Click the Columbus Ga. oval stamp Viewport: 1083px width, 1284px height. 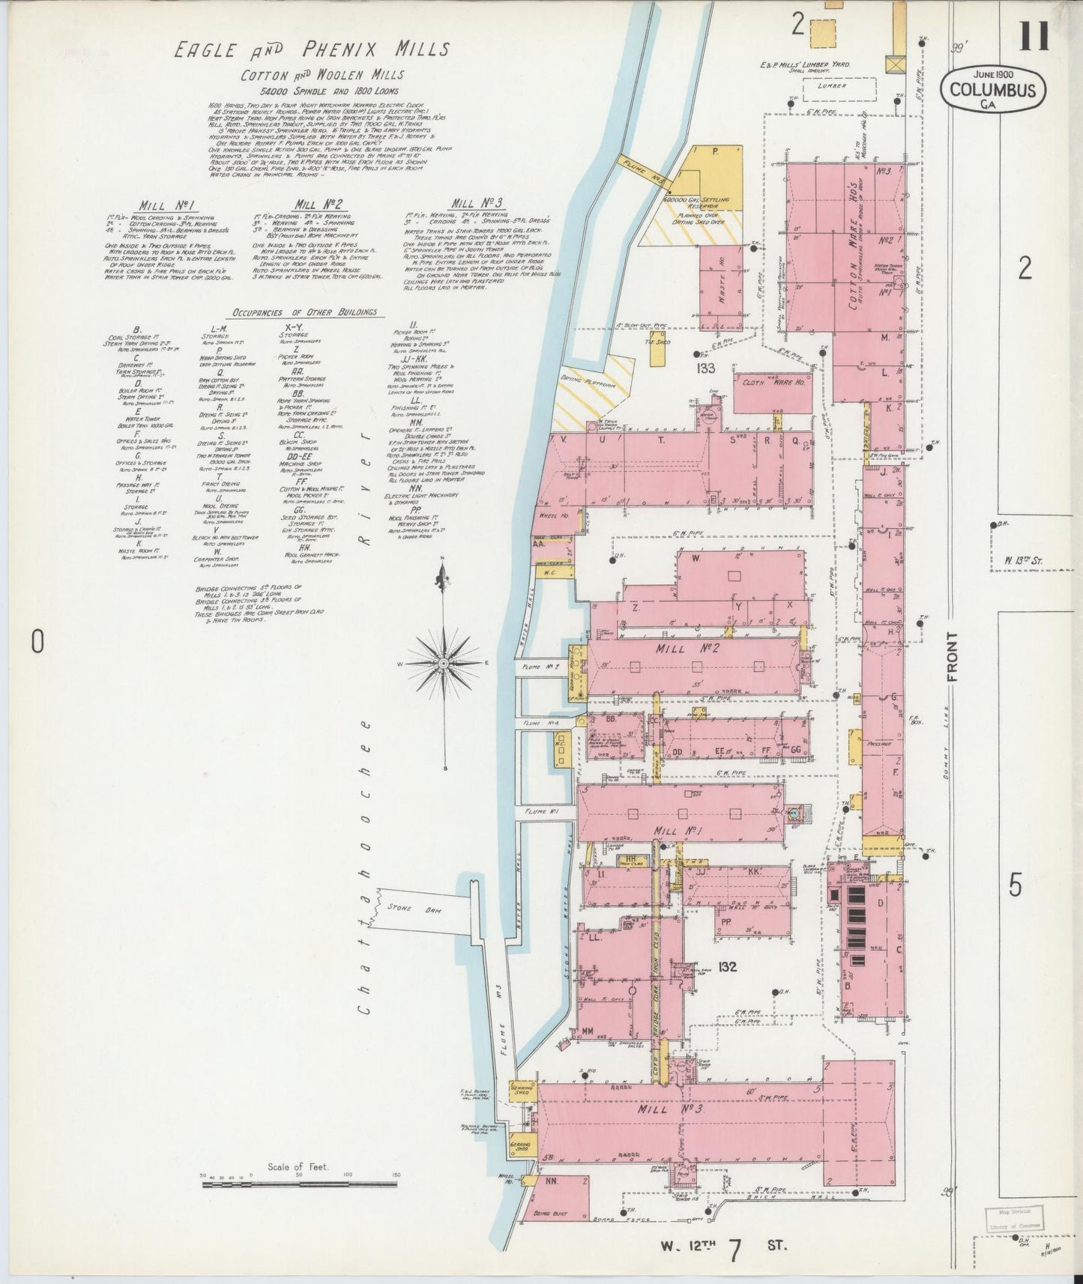992,89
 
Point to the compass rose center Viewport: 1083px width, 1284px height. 444,664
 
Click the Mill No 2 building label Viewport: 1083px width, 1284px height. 693,649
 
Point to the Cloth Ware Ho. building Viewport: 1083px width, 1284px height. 770,382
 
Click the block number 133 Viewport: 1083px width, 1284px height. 705,369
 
